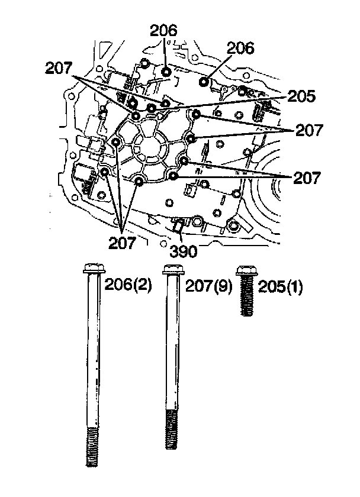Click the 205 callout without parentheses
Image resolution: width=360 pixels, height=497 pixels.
point(302,97)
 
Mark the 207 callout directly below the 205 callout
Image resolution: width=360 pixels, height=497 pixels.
point(308,131)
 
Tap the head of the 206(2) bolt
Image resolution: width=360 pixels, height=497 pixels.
point(91,269)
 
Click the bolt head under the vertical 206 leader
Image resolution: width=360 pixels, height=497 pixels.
point(167,73)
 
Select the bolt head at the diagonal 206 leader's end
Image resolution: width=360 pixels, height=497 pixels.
point(204,81)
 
